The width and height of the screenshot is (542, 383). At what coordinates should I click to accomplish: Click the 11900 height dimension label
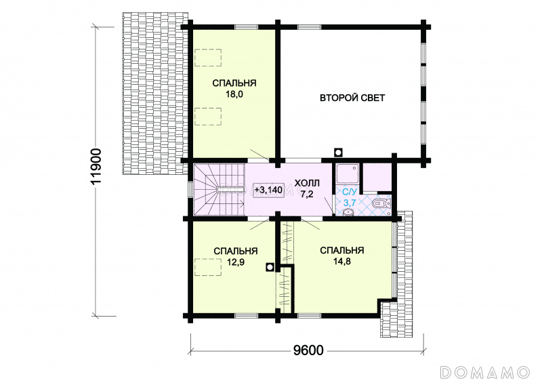coord(96,166)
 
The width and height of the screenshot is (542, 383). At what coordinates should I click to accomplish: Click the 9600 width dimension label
coord(308,350)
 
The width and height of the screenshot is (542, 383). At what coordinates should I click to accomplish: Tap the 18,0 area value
coord(234,94)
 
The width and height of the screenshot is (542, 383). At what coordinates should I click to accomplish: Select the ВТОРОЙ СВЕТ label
coord(352,98)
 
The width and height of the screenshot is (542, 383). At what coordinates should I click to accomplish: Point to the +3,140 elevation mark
coord(268,190)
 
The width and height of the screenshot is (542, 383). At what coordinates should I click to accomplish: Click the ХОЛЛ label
coord(307,183)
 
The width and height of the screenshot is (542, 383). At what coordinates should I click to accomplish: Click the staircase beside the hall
coord(219,190)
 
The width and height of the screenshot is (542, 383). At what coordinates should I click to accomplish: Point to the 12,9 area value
coord(235,262)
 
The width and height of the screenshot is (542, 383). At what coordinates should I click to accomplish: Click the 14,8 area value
coord(341,261)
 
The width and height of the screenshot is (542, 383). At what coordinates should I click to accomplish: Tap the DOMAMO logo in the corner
coord(485,372)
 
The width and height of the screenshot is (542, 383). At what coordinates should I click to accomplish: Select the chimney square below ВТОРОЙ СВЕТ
coord(338,153)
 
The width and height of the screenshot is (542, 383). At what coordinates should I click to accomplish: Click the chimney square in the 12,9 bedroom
coord(270,267)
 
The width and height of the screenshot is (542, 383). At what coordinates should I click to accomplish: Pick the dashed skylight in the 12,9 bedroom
coord(208,267)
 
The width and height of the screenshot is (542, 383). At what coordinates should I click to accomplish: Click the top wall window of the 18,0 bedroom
coord(246,27)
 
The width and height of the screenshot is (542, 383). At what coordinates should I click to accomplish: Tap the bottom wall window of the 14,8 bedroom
coord(310,315)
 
